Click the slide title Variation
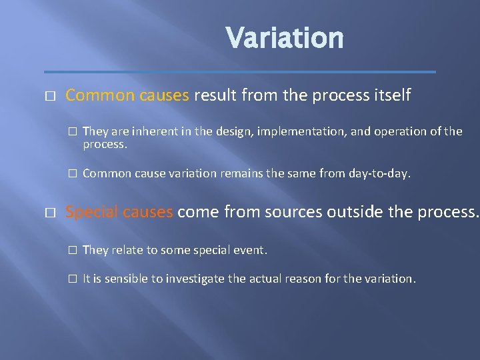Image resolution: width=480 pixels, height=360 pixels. point(285,38)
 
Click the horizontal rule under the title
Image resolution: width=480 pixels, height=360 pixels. point(239,72)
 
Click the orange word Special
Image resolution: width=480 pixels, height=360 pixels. point(91,212)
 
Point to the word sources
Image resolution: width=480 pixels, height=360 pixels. point(289,212)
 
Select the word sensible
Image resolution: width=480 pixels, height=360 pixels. point(126,279)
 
